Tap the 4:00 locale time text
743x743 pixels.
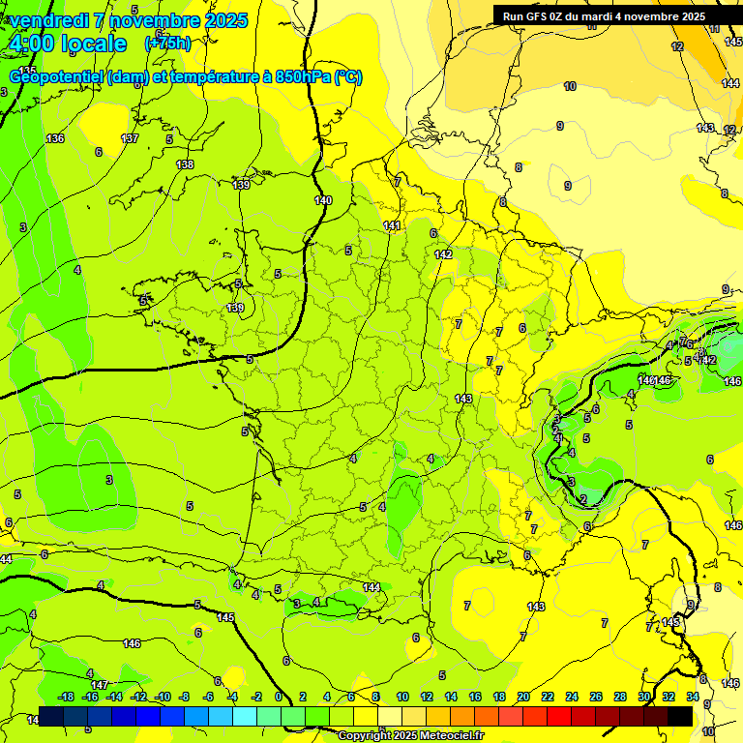click(x=68, y=44)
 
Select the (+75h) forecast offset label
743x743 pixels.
click(x=167, y=43)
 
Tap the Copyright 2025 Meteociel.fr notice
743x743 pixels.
click(x=411, y=735)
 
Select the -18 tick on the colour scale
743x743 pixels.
click(x=66, y=697)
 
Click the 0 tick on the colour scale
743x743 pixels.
click(x=279, y=697)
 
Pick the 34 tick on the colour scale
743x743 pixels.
click(x=692, y=697)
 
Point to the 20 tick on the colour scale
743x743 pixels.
click(x=523, y=697)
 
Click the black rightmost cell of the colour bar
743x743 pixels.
click(x=680, y=715)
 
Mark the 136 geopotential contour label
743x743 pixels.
click(x=55, y=138)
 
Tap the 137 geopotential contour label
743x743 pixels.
click(x=130, y=139)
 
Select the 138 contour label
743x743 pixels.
click(x=185, y=164)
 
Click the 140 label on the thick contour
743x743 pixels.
click(x=323, y=200)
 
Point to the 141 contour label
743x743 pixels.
click(x=392, y=225)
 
